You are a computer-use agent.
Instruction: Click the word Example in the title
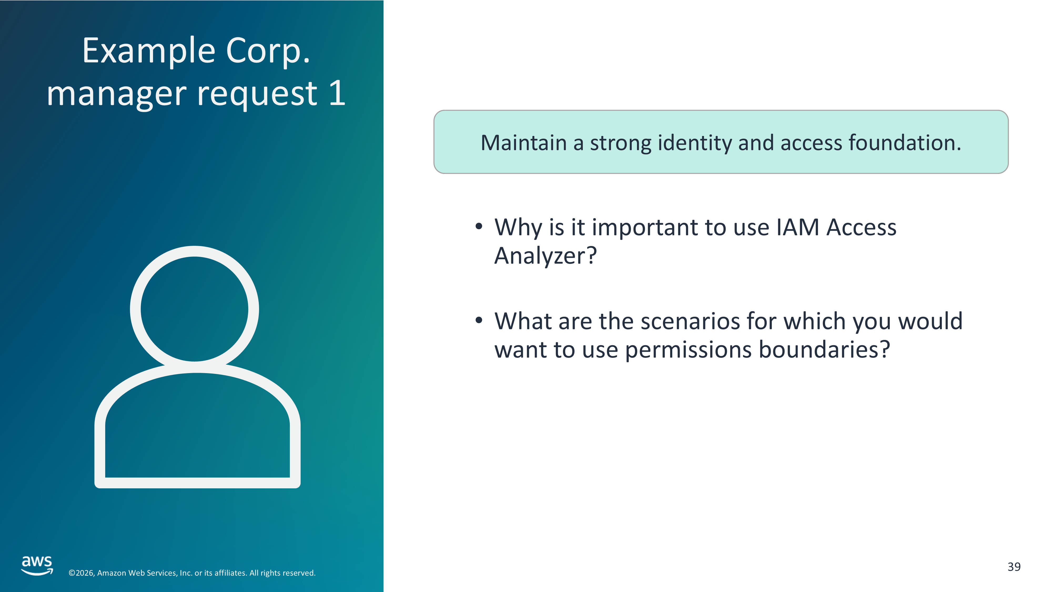(149, 52)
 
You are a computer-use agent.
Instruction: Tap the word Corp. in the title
(268, 52)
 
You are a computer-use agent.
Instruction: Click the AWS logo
(37, 565)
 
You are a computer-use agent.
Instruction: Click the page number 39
(1014, 567)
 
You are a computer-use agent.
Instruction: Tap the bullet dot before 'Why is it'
(479, 226)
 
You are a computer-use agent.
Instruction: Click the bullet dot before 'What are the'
(479, 320)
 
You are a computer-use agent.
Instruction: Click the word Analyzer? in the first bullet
(546, 257)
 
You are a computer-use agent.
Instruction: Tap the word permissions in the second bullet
(688, 350)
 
